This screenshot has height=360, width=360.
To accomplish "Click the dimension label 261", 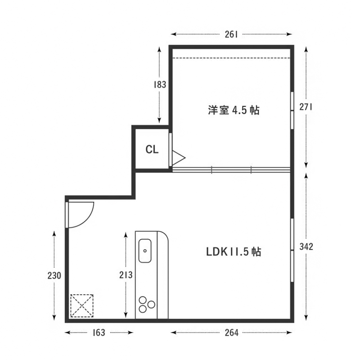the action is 231,35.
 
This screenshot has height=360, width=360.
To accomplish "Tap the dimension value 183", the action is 160,85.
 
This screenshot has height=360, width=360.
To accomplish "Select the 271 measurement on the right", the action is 306,107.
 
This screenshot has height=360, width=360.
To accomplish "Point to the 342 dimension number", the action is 306,247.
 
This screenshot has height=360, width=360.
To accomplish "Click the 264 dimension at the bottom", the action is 231,333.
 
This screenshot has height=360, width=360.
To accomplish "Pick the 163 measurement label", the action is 99,333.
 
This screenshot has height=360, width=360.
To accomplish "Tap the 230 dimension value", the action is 54,275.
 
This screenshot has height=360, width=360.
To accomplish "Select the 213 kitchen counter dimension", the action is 126,275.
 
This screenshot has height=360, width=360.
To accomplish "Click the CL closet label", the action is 152,149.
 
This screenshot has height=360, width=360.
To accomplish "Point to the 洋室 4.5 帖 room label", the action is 234,110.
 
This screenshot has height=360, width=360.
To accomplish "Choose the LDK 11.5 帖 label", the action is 234,252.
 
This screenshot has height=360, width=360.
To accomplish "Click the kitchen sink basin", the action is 145,251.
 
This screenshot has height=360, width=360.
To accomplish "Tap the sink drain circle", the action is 145,251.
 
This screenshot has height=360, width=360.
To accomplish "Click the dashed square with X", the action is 82,306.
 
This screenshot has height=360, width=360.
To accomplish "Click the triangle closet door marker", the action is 178,158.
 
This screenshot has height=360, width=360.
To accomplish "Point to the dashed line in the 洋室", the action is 231,58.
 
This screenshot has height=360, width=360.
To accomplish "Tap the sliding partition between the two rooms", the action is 231,170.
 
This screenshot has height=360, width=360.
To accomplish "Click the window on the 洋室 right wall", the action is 292,110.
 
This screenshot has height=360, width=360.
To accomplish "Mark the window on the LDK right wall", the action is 292,250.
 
